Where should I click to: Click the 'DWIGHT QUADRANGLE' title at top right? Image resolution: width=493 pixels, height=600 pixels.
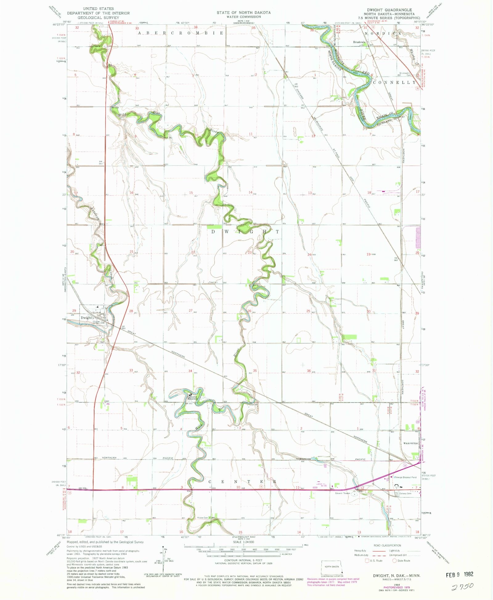pos(389,10)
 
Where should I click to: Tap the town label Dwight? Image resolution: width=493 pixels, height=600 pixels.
pos(86,318)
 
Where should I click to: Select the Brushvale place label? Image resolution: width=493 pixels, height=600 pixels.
pos(359,42)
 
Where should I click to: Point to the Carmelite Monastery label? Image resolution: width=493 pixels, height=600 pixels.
pos(193,398)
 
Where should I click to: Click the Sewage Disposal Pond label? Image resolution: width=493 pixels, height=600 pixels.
pos(405,477)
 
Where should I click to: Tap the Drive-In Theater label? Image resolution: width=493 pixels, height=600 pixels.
pos(343,493)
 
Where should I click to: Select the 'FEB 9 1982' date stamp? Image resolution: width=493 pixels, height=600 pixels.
pos(459,574)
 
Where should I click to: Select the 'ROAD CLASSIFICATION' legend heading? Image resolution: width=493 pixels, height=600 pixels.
pos(387,545)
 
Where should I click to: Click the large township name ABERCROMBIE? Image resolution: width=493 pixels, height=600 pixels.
pos(181,33)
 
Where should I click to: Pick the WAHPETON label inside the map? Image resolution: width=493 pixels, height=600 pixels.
pos(410,443)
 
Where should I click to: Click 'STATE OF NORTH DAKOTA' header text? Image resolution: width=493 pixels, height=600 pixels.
pos(243,13)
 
